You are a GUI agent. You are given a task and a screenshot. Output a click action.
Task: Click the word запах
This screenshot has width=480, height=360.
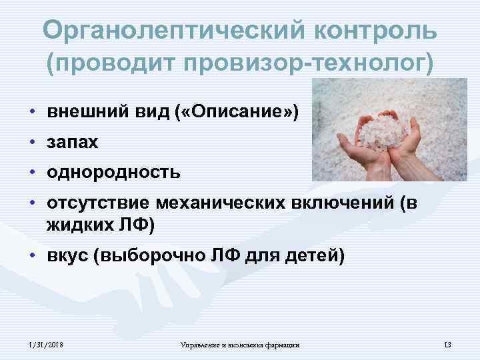[72, 142]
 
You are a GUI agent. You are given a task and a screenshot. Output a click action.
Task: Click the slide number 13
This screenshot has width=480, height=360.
[447, 344]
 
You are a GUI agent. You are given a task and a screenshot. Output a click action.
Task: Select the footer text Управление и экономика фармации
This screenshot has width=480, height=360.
[240, 344]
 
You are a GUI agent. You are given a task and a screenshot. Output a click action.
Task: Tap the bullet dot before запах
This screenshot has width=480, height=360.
[31, 143]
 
